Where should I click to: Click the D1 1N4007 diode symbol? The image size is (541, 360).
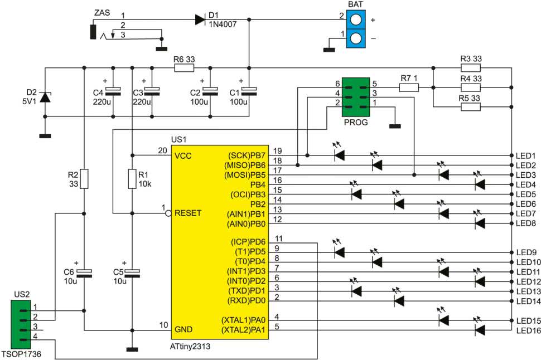pos(200,20)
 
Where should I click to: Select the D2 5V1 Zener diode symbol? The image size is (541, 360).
pos(45,97)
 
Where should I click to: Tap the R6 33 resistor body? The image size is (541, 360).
pos(184,68)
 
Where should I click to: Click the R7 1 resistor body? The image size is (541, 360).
pos(409,87)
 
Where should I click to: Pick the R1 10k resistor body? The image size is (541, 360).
pos(132,179)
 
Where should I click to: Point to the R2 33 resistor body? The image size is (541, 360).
pos(84,179)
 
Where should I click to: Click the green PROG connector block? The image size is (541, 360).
pos(356,97)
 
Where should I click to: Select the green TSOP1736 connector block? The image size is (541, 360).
pos(21,324)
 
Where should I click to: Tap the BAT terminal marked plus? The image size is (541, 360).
pos(356,20)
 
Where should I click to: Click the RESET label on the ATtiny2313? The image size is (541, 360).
pos(188,213)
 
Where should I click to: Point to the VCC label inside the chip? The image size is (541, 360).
pos(183,156)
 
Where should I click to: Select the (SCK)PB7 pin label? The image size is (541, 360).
pos(247,155)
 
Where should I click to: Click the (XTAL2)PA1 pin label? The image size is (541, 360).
pos(243,330)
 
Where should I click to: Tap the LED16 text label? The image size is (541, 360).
pos(528,330)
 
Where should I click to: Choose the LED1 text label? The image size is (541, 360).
pos(526,155)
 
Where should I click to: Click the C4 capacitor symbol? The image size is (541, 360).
pos(113,91)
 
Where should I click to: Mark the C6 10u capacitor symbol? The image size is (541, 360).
pos(84,273)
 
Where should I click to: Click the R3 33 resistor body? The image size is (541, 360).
pos(470,68)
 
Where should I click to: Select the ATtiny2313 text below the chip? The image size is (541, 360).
pos(190,346)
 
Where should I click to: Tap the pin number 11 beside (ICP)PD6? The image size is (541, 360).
pos(279,239)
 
